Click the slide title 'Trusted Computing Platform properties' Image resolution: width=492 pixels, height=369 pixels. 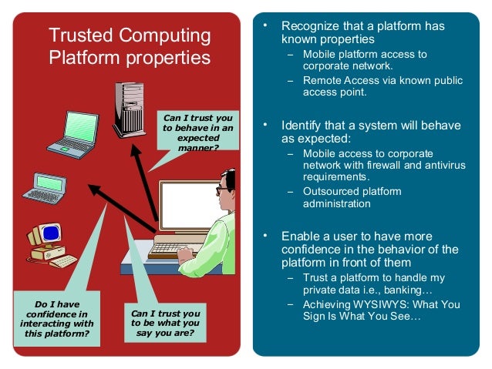(129, 46)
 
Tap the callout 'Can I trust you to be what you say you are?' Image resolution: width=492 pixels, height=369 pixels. (165, 324)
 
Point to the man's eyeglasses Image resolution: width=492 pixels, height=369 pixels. (222, 188)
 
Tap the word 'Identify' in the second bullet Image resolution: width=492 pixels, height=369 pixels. (302, 126)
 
